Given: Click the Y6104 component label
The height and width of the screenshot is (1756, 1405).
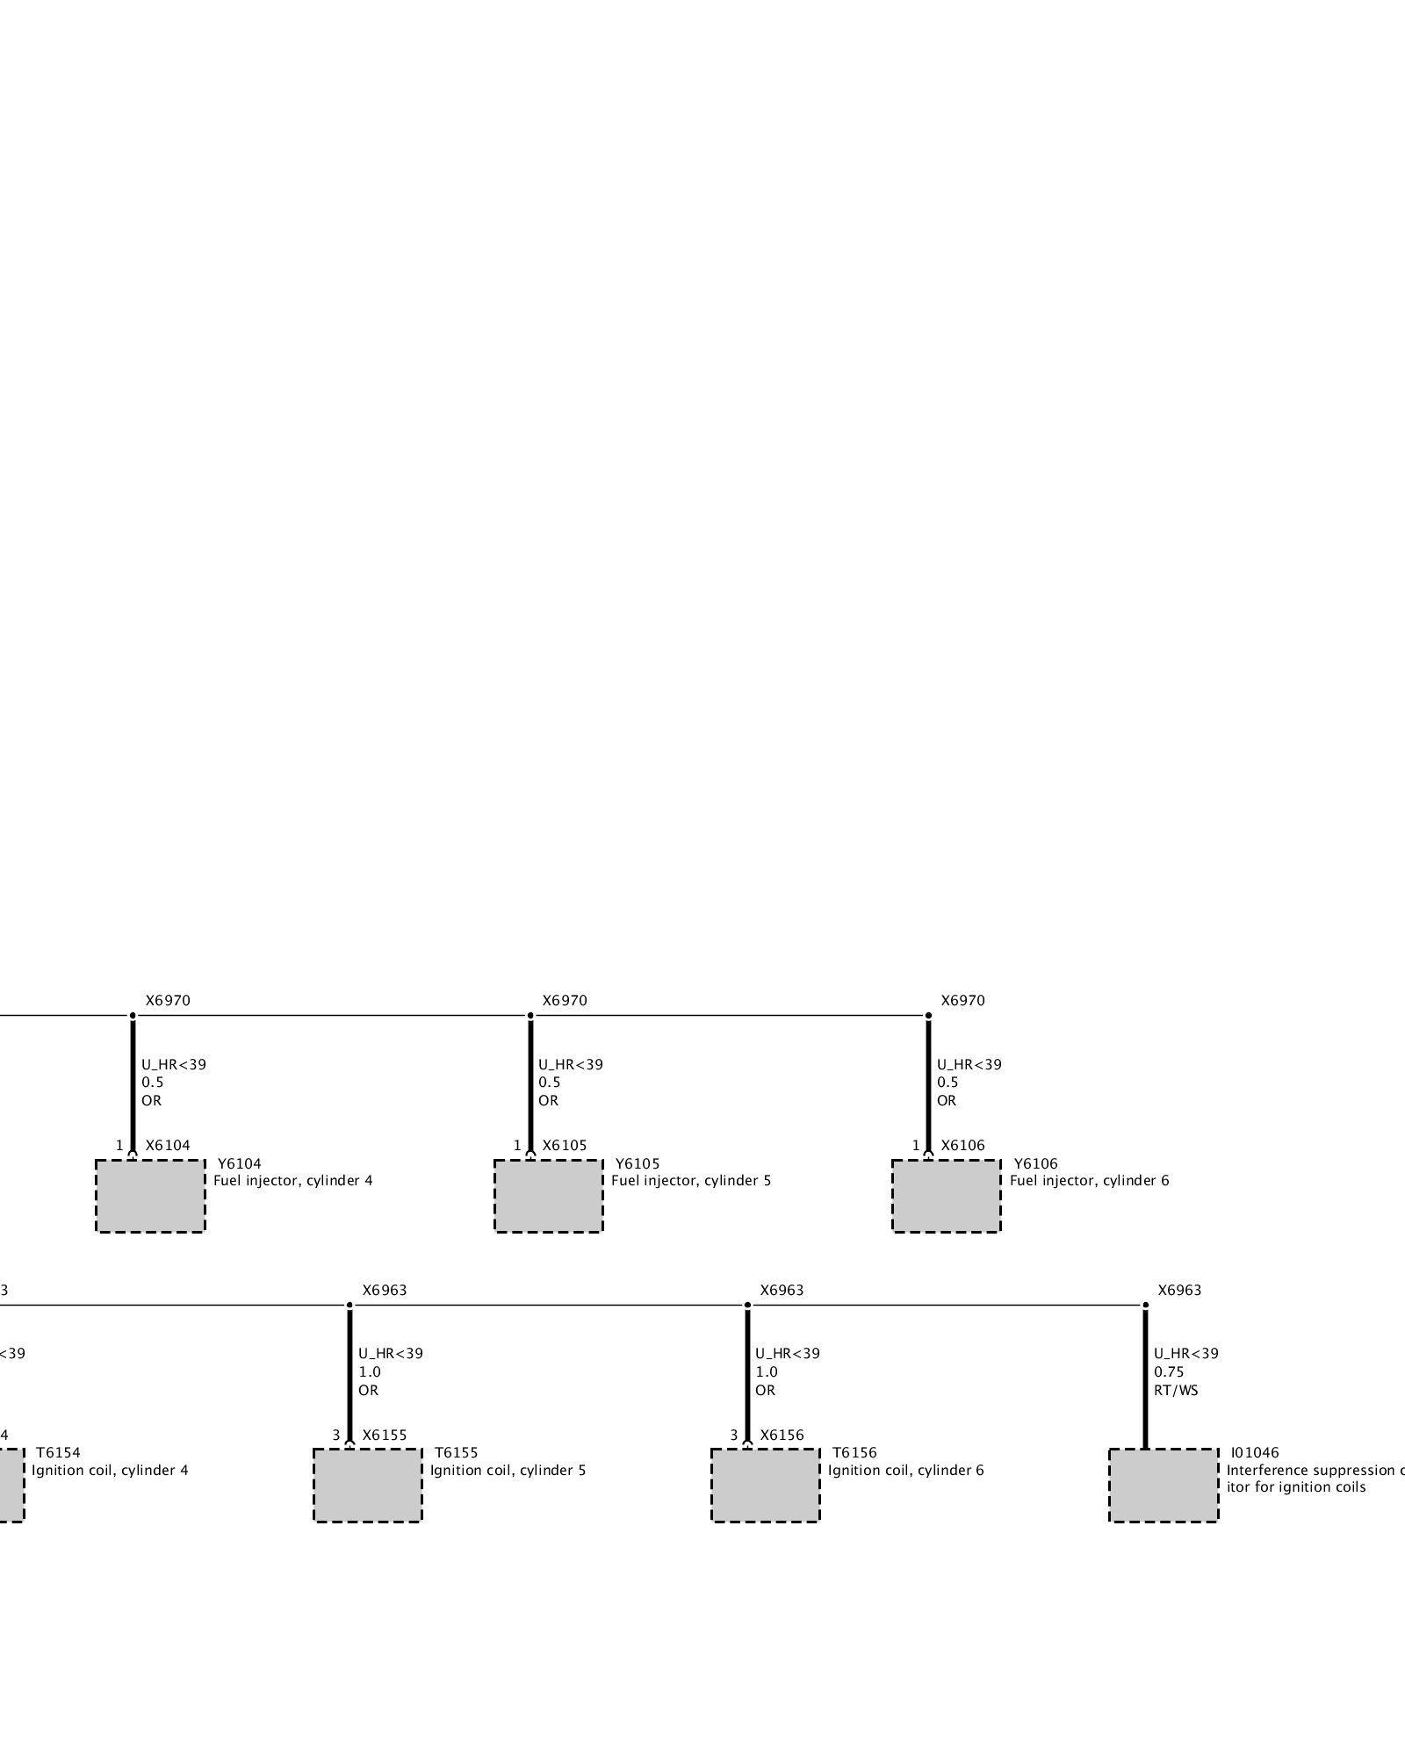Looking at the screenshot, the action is [x=239, y=1164].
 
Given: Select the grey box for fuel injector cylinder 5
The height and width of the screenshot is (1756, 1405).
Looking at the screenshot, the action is [x=548, y=1196].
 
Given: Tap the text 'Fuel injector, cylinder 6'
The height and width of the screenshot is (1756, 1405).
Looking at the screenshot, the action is [x=1089, y=1181].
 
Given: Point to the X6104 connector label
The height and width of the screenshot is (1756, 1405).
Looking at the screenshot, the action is [x=167, y=1146].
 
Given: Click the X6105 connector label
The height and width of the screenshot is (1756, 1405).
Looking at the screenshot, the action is [x=564, y=1146].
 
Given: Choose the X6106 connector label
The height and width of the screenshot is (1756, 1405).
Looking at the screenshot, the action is [x=962, y=1146].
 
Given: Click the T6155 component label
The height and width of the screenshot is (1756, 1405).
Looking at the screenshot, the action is [x=456, y=1453].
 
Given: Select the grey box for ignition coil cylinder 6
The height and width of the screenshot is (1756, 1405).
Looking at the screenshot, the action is [x=765, y=1485].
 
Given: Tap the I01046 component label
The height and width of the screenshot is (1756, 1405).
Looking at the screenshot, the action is [x=1255, y=1453].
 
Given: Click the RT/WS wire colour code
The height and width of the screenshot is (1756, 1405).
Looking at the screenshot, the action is [x=1176, y=1390].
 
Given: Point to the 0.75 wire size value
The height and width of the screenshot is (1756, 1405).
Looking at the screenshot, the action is [x=1169, y=1371].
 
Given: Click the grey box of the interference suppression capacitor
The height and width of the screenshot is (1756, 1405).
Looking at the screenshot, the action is [x=1164, y=1485].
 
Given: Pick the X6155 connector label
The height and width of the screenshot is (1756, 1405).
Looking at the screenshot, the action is [x=385, y=1436].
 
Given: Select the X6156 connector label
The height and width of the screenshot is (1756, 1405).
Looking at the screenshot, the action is [x=782, y=1436].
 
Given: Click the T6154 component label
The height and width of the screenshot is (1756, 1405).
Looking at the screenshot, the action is [x=58, y=1453].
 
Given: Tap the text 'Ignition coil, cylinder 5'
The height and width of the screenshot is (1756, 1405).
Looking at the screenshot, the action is [x=508, y=1471].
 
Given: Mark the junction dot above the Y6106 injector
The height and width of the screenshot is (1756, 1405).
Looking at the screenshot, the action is [x=928, y=1016].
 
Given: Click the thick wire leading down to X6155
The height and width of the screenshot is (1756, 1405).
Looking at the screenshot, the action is [x=349, y=1370].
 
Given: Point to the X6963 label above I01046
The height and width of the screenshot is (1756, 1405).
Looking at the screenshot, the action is [x=1179, y=1291].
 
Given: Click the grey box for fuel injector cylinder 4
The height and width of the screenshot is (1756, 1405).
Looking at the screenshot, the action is [x=150, y=1196].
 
